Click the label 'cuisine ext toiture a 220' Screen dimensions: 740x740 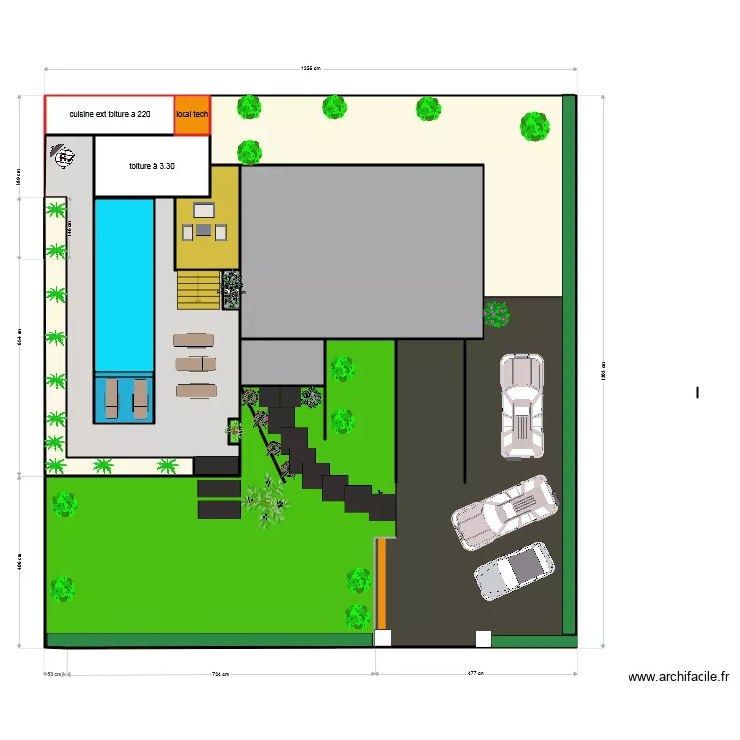click(110, 114)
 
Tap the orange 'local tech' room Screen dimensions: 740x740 click(192, 114)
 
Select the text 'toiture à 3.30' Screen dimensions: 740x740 click(151, 166)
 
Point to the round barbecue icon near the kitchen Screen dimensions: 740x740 click(64, 156)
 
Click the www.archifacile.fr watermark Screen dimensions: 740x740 click(679, 677)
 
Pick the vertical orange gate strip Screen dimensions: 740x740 click(381, 583)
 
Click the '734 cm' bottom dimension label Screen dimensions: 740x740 click(220, 674)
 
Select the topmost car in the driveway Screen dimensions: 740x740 click(521, 406)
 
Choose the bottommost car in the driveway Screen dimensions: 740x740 click(513, 571)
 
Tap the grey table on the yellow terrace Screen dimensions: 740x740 click(203, 230)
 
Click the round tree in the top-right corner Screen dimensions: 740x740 click(534, 126)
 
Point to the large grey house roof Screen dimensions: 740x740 click(362, 251)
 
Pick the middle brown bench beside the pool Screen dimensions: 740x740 click(193, 364)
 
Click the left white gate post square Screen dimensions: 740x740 click(382, 638)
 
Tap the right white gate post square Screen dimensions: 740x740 click(483, 638)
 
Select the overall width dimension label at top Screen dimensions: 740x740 click(311, 68)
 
